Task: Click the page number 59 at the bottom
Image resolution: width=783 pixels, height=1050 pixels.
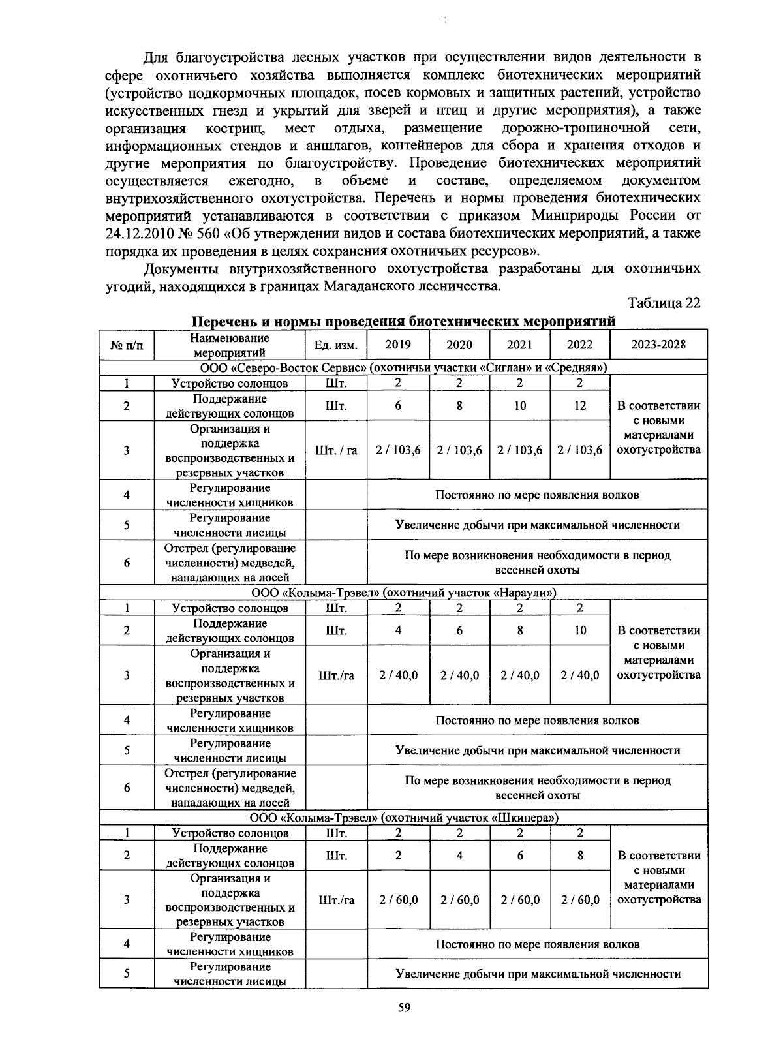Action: [404, 1008]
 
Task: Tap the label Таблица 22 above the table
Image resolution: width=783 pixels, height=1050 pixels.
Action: [664, 303]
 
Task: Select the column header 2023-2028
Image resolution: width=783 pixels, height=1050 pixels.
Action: [658, 345]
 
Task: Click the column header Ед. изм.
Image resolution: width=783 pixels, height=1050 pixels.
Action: [336, 345]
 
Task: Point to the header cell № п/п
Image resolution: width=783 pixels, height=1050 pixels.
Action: [127, 345]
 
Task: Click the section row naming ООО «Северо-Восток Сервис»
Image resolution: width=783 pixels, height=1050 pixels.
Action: [403, 367]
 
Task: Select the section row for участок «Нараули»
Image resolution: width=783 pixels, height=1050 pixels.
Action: [403, 593]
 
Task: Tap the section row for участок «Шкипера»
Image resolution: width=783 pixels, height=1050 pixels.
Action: [403, 817]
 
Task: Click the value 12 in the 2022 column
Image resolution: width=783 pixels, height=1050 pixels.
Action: [580, 406]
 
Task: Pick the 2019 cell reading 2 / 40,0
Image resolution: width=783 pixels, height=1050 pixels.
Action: [398, 675]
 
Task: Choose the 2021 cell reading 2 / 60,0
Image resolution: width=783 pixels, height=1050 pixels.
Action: [519, 900]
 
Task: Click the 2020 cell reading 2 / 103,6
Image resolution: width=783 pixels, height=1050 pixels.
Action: [459, 450]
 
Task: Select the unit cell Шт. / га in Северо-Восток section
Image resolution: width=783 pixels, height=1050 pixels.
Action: [336, 450]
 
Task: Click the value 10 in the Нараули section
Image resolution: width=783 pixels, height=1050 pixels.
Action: [580, 630]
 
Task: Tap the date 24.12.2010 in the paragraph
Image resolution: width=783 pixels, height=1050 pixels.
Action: [139, 233]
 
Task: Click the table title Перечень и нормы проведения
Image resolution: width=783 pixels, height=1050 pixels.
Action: [403, 322]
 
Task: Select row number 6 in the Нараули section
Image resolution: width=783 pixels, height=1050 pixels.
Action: [127, 788]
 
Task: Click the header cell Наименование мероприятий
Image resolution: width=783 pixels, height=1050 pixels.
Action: [230, 345]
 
